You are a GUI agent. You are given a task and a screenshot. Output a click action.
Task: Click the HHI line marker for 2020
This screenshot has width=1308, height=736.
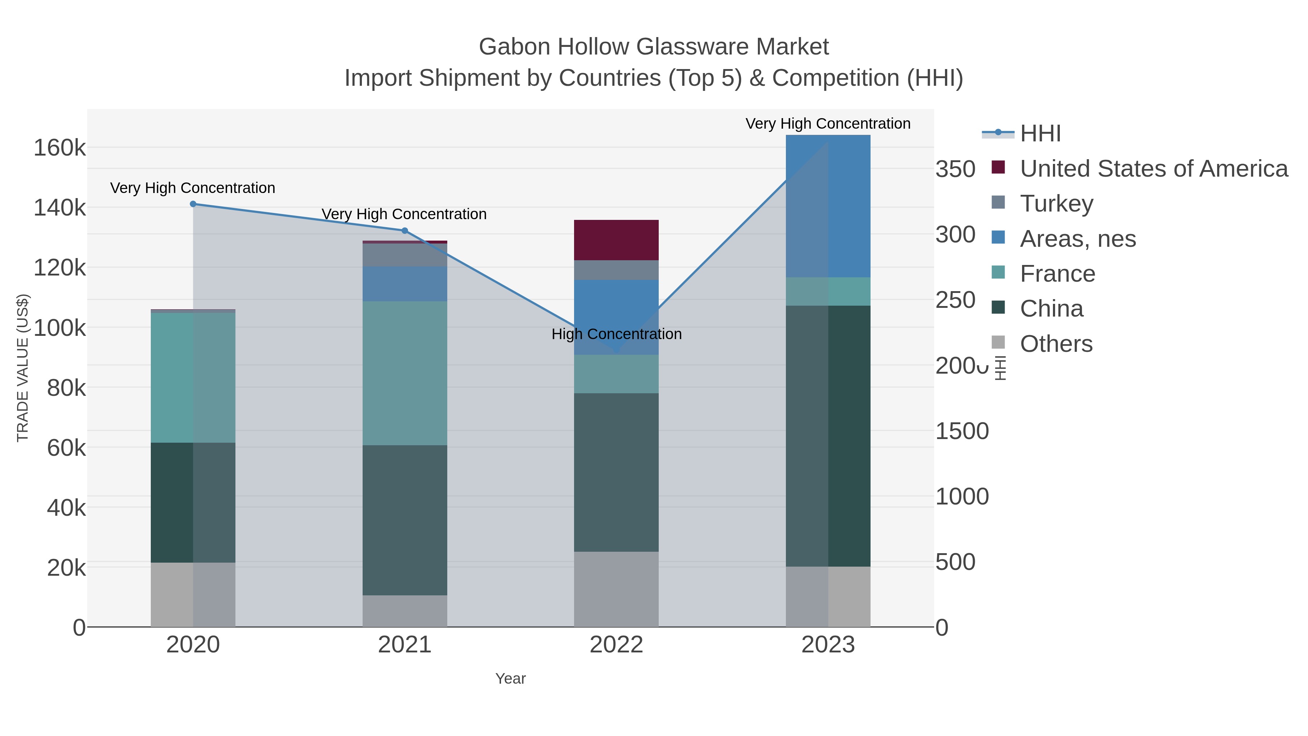point(193,204)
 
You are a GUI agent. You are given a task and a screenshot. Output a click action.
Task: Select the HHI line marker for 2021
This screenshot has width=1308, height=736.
point(405,230)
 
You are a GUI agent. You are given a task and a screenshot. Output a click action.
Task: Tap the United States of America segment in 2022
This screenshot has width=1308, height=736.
point(616,240)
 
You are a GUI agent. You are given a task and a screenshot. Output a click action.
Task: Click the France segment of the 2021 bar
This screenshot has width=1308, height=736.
point(405,373)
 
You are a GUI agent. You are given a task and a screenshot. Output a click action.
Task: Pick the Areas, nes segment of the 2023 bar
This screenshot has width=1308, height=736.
point(828,206)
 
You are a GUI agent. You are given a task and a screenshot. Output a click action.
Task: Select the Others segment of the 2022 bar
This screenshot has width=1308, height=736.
point(616,589)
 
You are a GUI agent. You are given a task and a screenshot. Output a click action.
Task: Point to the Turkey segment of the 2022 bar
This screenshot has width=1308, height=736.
point(616,270)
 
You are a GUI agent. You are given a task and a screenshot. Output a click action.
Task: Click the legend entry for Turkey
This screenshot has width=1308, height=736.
point(1056,204)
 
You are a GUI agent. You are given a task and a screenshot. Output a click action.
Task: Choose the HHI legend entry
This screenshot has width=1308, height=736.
point(1040,134)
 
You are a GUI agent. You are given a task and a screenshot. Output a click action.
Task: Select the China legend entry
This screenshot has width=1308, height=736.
point(1051,309)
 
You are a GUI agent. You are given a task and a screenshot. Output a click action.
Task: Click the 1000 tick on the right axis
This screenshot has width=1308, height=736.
point(962,497)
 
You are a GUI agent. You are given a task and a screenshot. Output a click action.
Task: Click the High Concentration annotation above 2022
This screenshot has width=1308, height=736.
point(616,334)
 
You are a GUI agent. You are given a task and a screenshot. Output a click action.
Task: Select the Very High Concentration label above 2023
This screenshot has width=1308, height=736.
point(828,124)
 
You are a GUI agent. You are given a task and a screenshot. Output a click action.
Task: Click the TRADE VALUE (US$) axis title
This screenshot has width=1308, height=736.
point(23,368)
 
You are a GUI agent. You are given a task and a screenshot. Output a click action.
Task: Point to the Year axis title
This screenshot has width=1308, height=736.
point(510,679)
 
